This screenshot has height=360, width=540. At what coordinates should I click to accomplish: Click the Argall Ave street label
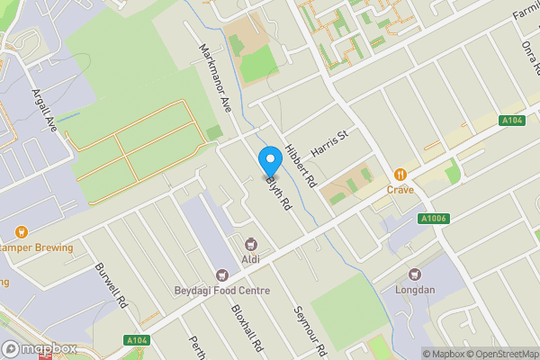click(x=44, y=110)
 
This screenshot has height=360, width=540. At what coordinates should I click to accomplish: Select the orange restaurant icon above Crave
click(x=400, y=174)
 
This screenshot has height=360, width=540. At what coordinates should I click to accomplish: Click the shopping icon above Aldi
click(x=251, y=244)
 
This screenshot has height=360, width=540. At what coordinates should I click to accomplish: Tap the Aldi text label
click(x=251, y=260)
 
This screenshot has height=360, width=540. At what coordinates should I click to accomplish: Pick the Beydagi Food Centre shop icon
click(x=221, y=275)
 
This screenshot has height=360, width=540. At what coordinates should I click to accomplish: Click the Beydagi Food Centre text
click(x=221, y=291)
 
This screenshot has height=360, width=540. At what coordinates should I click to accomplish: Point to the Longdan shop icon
click(x=415, y=274)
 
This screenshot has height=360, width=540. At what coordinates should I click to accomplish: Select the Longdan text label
click(x=415, y=290)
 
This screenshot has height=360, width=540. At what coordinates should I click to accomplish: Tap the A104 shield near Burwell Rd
click(x=137, y=339)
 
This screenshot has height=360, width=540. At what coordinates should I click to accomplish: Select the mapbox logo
click(x=40, y=349)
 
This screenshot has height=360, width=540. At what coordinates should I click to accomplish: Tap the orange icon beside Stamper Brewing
click(x=22, y=232)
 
